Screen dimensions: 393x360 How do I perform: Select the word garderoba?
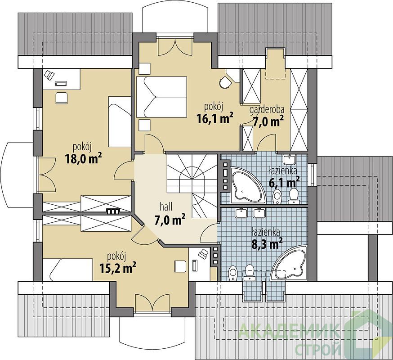(267, 110)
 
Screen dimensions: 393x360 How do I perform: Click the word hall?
(166, 207)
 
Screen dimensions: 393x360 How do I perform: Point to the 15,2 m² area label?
(118, 268)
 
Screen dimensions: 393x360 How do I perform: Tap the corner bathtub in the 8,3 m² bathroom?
(291, 263)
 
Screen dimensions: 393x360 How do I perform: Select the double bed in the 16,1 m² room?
(162, 97)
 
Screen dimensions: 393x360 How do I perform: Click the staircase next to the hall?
(192, 186)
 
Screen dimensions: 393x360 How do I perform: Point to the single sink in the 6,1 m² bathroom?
(289, 158)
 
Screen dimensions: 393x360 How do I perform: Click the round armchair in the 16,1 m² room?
(225, 82)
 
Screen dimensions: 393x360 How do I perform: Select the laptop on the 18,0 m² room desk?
(49, 75)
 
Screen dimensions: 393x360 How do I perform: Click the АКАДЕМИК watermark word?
(288, 331)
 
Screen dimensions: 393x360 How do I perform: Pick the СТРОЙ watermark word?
(318, 349)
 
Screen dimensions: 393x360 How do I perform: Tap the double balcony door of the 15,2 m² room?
(152, 302)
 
